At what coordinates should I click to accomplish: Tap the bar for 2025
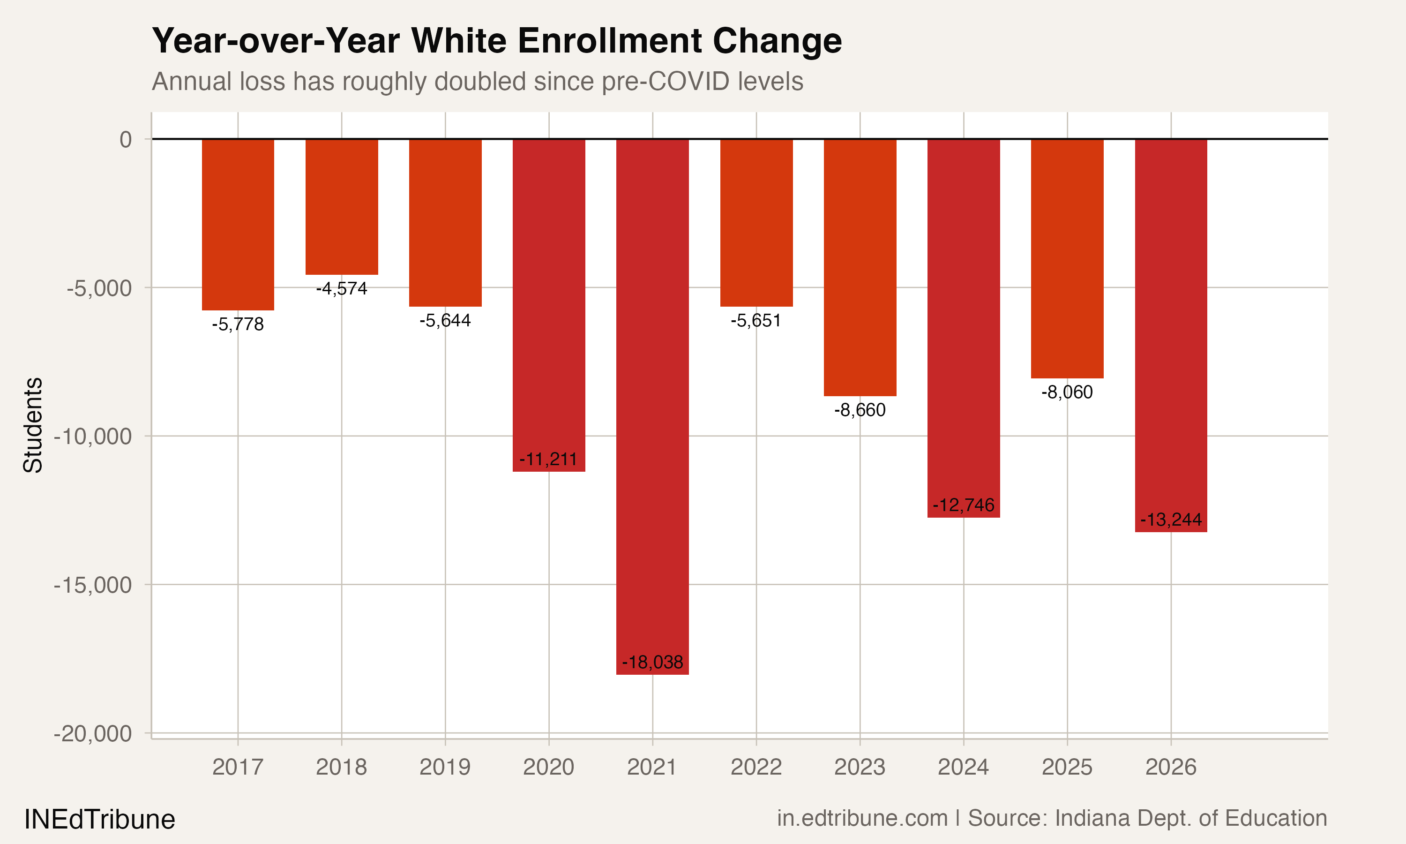click(x=1067, y=259)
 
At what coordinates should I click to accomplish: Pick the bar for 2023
click(x=860, y=267)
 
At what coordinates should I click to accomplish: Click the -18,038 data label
click(x=652, y=662)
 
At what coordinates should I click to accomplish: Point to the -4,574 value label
click(x=342, y=288)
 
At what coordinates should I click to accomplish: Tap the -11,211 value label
click(x=548, y=459)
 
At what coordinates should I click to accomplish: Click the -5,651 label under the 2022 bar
click(x=756, y=321)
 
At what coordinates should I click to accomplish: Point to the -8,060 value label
click(x=1067, y=392)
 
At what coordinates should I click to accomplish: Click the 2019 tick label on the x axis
click(x=445, y=767)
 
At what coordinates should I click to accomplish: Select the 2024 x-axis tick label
click(x=963, y=767)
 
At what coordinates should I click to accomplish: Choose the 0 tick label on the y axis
click(x=126, y=139)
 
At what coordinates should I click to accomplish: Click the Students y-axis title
click(x=33, y=425)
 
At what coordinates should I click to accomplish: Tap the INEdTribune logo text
click(x=99, y=820)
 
